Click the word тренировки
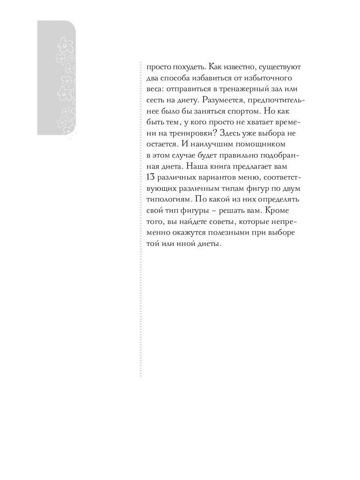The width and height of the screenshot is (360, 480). click(192, 133)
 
